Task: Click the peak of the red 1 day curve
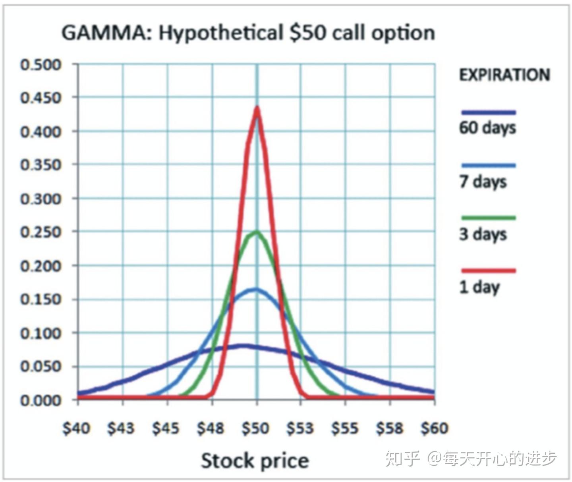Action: (257, 108)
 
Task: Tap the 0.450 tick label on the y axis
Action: (41, 98)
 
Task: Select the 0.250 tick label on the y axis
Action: (41, 232)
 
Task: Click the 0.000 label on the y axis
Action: (41, 400)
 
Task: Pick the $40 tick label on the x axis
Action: (77, 428)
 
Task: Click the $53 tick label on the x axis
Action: (300, 428)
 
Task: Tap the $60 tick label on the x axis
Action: (435, 428)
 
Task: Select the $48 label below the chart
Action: (211, 428)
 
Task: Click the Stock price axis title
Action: (255, 461)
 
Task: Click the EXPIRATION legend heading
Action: (504, 75)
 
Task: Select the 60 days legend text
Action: (487, 128)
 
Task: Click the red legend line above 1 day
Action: (489, 271)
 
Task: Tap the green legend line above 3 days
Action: (489, 218)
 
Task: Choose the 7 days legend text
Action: (483, 182)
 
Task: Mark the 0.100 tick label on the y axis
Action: (41, 333)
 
